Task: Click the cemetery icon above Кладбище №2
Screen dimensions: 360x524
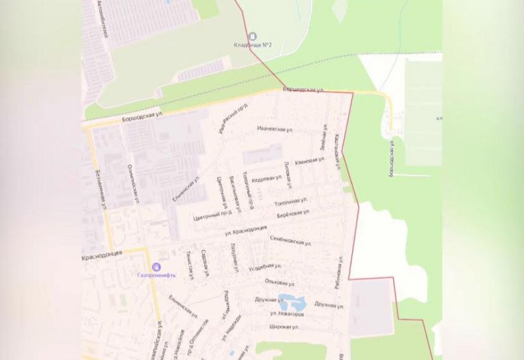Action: [253, 36]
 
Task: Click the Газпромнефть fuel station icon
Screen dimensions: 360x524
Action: [156, 267]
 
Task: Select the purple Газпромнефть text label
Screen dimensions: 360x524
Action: [156, 275]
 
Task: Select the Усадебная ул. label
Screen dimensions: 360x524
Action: [268, 266]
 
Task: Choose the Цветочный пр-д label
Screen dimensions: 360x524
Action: [214, 213]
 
